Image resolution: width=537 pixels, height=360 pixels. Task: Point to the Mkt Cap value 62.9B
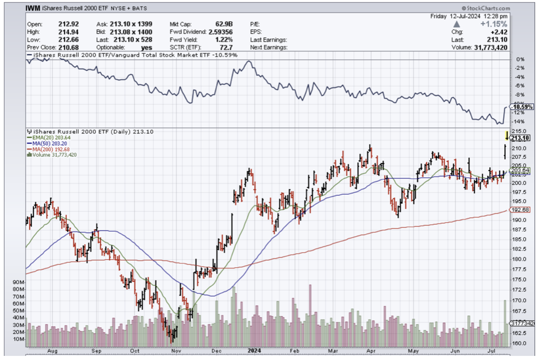[222, 24]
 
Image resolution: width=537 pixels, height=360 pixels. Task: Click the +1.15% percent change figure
[496, 24]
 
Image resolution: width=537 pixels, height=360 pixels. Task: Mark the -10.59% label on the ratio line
[521, 107]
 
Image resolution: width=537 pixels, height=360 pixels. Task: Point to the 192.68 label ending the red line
[520, 210]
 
